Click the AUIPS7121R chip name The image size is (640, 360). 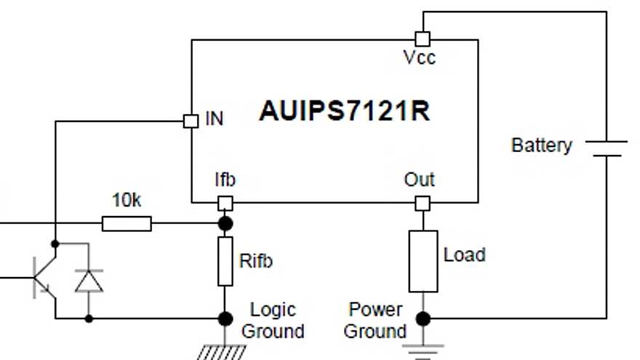(345, 112)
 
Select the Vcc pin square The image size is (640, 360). (422, 39)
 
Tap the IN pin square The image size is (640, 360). (191, 121)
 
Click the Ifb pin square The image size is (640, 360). (225, 204)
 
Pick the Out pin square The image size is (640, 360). (423, 204)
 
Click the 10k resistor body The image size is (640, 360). (127, 223)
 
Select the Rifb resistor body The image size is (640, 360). (225, 261)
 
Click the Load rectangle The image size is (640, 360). (423, 261)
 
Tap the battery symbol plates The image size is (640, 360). (605, 148)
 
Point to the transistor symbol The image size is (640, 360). (42, 279)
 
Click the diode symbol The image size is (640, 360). (89, 280)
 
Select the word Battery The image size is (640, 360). (541, 145)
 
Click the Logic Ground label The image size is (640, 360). (272, 320)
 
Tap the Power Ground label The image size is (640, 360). (375, 320)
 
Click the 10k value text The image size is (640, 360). (127, 201)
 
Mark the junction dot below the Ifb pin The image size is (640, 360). (225, 223)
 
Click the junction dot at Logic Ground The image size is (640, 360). (225, 318)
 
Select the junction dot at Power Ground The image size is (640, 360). (423, 318)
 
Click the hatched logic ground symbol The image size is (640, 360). (221, 352)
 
